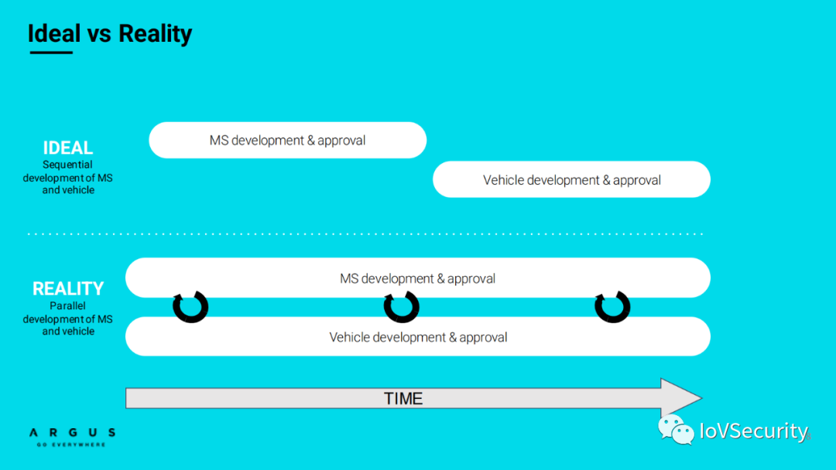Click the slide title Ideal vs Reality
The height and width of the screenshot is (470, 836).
pos(110,33)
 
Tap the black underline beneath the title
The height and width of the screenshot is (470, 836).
pos(51,52)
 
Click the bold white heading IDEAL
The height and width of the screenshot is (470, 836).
pos(67,148)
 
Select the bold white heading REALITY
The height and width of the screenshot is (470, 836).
pos(67,288)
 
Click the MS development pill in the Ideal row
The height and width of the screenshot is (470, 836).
pos(287,140)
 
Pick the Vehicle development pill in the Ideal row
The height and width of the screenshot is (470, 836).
pos(571,179)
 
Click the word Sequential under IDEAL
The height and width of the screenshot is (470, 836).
pos(67,165)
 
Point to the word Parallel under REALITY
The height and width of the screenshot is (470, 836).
pos(67,306)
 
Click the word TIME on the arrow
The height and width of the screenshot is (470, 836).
pos(403,398)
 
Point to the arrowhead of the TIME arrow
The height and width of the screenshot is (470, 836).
pos(701,397)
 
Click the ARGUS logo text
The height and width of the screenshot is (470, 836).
pos(73,433)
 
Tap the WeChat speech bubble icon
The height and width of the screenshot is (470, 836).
pos(676,430)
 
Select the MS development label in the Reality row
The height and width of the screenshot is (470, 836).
pos(417,278)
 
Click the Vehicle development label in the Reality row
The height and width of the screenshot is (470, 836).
pos(418,337)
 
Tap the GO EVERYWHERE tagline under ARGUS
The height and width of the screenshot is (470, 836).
pos(71,444)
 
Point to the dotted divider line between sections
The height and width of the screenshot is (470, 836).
pos(365,233)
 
